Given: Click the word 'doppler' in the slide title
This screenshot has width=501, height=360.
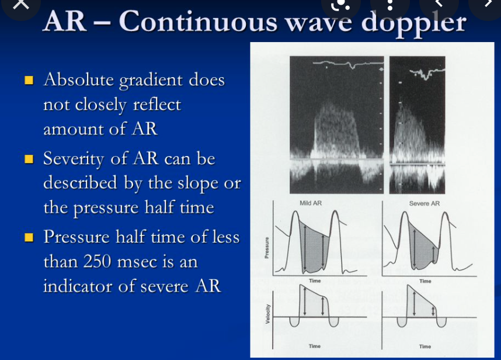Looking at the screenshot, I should pos(415,23).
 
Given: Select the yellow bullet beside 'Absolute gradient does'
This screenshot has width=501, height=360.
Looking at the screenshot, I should pos(28,80).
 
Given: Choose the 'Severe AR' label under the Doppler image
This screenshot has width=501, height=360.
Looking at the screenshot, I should pos(425,203).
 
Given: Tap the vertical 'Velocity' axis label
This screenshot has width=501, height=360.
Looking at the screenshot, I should pos(267,314).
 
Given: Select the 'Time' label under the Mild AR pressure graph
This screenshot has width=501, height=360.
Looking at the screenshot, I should pos(315,281).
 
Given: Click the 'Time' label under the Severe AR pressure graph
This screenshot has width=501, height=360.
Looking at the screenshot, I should pos(425,281).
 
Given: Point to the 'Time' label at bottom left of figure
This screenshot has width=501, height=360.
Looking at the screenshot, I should pos(314,347).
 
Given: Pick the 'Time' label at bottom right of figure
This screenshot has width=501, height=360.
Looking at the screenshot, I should pos(425,347).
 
